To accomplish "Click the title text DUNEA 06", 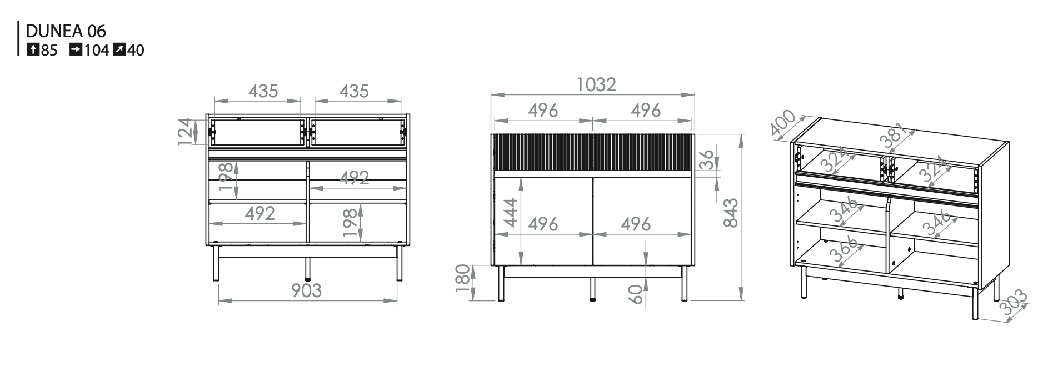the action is [66, 31].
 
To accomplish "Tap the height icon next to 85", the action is [33, 50].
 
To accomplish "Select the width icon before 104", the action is [76, 50].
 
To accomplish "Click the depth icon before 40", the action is [119, 50].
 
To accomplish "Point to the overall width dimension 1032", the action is [596, 84].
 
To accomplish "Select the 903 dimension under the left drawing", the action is [307, 290].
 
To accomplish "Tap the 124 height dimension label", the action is [187, 132].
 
